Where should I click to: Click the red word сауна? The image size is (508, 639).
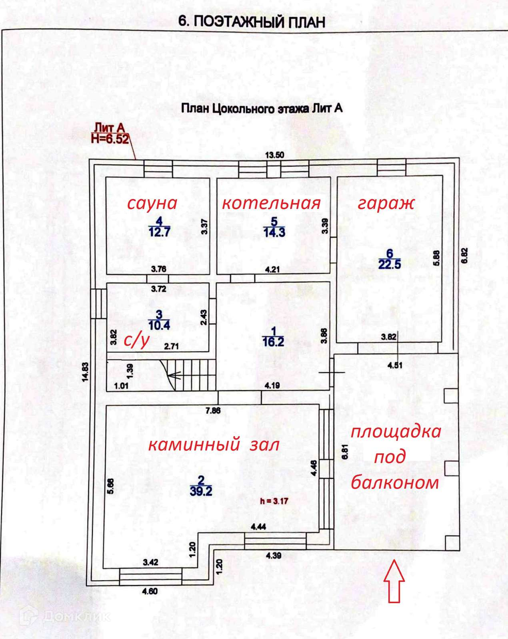(x=152, y=203)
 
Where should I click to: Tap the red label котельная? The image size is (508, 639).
(x=271, y=203)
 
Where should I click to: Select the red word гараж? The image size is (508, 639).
(x=386, y=203)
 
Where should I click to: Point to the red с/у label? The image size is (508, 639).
(x=136, y=340)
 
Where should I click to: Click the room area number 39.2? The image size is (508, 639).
(x=201, y=491)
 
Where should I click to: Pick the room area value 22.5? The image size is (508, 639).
(x=390, y=264)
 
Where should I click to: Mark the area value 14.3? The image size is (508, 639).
(x=274, y=232)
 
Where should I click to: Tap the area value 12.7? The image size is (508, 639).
(x=160, y=232)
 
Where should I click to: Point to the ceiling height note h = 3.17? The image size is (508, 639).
(x=274, y=501)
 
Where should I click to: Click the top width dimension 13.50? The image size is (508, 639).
(x=274, y=155)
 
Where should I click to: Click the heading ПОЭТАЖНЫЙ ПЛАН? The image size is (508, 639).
(x=252, y=22)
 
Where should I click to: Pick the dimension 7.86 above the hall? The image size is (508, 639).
(x=213, y=410)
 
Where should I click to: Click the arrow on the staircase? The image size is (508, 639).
(x=175, y=375)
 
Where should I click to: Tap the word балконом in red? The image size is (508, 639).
(x=395, y=482)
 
